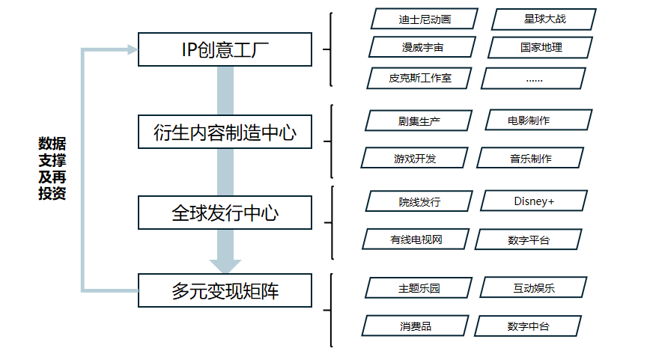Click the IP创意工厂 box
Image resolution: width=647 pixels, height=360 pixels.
(225, 49)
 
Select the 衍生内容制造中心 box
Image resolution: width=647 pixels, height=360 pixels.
(225, 132)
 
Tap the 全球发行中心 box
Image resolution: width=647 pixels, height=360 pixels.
(225, 213)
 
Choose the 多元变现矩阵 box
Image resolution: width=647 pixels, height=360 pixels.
(225, 290)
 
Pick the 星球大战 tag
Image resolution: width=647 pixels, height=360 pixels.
(544, 19)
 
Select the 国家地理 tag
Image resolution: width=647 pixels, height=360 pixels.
(541, 47)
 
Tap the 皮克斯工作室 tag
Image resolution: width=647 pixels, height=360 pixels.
(419, 78)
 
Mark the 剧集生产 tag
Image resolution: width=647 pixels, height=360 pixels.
(419, 120)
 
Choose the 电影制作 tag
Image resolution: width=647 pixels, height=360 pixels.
(538, 120)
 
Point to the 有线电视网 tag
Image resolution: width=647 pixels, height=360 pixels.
(416, 240)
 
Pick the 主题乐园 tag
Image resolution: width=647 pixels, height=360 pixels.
(419, 287)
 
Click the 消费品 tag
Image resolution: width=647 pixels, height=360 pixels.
(415, 326)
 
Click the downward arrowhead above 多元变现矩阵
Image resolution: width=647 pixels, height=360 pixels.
(225, 266)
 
